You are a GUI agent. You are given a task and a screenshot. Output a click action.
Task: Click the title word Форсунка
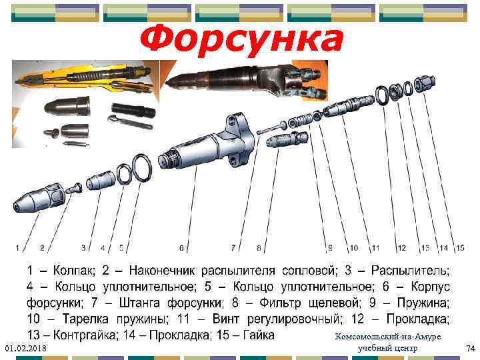pos(241,41)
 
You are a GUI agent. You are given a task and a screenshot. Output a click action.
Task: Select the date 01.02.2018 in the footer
pos(24,349)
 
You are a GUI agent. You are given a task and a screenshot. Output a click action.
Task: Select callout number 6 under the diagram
pos(181,248)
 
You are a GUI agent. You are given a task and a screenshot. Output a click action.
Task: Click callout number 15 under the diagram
pos(460,248)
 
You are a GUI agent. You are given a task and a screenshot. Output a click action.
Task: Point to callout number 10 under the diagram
pos(353,248)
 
